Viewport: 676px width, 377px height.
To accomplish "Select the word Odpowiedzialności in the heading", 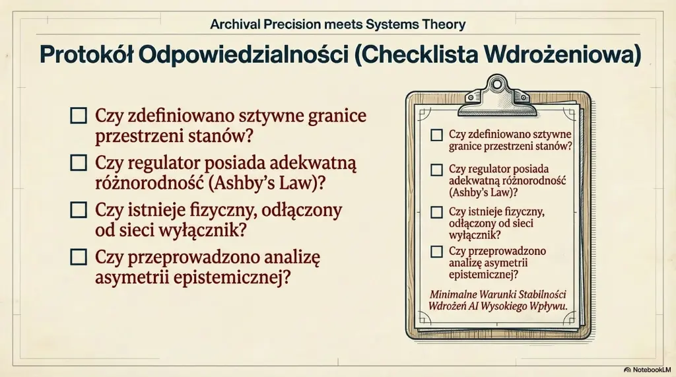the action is coord(244,55).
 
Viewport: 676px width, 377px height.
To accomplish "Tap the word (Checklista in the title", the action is coord(416,55).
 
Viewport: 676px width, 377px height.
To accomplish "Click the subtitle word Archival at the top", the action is coord(235,24).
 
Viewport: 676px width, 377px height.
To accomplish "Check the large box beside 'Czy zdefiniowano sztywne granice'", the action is coord(79,116).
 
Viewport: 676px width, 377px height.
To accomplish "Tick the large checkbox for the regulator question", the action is coord(79,163).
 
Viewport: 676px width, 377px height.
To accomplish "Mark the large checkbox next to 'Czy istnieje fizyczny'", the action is coord(79,210).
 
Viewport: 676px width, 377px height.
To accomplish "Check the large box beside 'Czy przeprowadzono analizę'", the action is coord(79,257).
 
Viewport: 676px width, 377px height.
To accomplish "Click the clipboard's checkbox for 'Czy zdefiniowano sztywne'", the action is coord(437,135).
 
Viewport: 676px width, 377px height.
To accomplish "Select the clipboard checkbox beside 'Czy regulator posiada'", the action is coord(437,170).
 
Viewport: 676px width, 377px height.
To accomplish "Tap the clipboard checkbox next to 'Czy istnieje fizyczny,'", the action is coord(437,212).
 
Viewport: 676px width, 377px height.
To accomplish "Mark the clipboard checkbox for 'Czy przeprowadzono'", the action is coord(437,252).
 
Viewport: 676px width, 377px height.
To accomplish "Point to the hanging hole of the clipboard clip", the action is coord(497,84).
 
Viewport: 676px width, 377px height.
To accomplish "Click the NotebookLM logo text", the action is coord(648,370).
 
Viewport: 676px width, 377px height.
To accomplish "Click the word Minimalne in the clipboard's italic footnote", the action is coord(454,294).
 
